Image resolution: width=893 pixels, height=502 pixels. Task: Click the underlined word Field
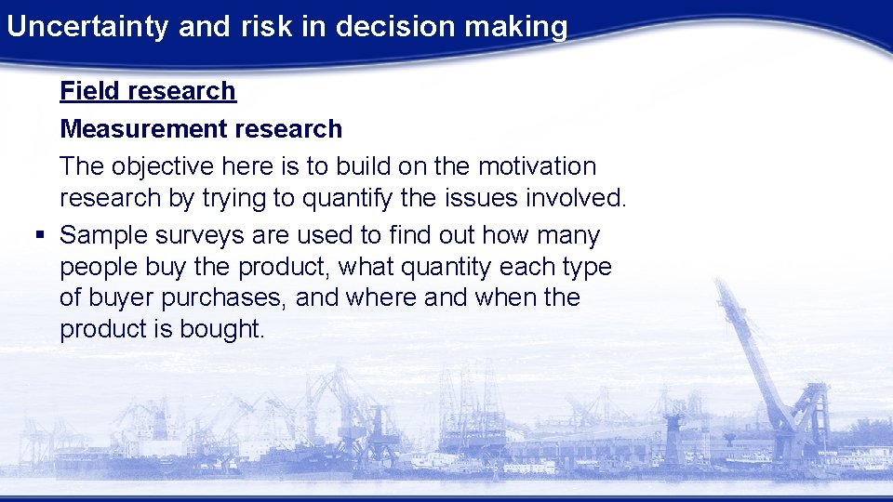point(90,91)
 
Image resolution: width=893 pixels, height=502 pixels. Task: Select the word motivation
point(537,166)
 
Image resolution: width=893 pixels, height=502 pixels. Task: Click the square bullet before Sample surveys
point(38,236)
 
